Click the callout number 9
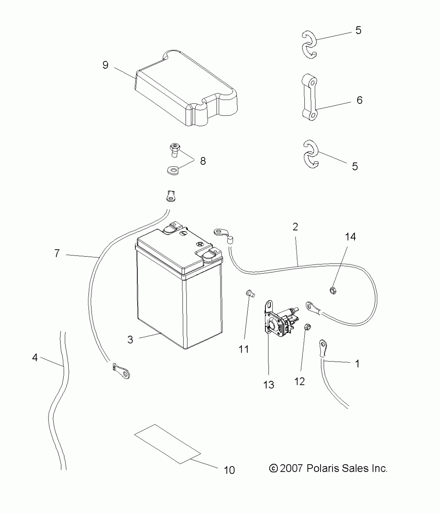click(105, 65)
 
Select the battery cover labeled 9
click(186, 89)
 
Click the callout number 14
click(350, 237)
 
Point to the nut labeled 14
click(333, 291)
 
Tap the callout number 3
click(130, 339)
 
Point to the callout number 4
click(35, 358)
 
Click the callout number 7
click(57, 253)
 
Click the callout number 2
click(295, 227)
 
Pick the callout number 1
click(357, 364)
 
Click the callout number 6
click(360, 100)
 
